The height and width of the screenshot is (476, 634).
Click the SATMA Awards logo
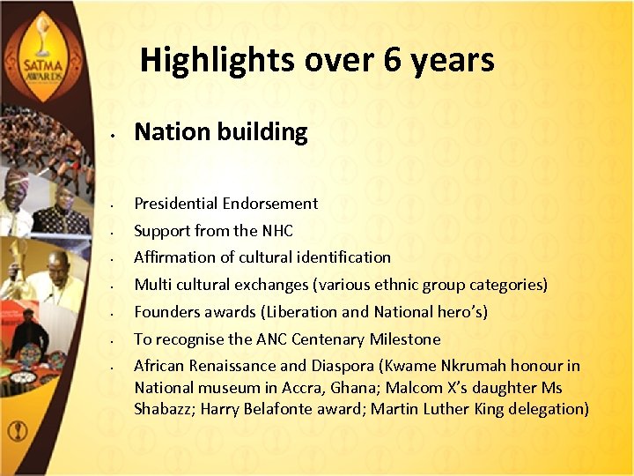click(38, 53)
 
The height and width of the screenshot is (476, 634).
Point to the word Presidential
click(176, 204)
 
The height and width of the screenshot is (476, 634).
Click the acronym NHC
click(276, 231)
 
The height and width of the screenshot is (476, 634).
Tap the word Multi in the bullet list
click(151, 285)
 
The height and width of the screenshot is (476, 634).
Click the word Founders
click(168, 312)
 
